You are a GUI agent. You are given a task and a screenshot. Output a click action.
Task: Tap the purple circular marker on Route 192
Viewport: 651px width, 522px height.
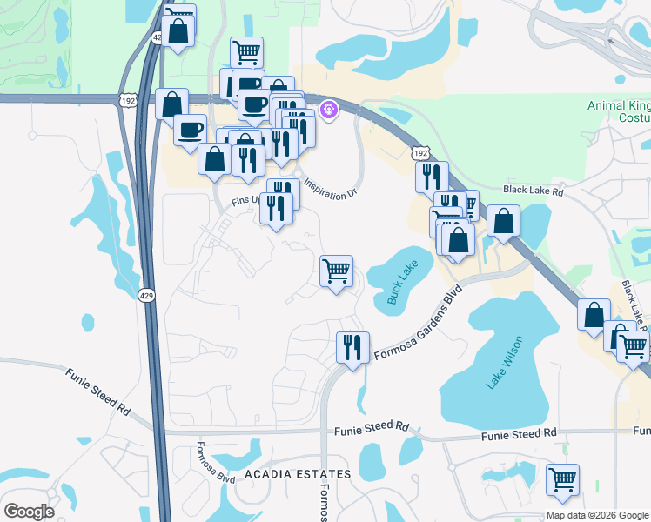tap(329, 110)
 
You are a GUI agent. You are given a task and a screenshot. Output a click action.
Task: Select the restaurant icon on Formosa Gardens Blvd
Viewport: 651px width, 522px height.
tap(352, 347)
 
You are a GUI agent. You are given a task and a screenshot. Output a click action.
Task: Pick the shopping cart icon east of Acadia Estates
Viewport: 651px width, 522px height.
tap(563, 479)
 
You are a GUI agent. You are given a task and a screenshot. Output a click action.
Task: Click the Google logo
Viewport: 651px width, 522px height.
tap(29, 512)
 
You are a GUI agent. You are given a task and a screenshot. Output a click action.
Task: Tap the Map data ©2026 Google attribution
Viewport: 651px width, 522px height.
tap(596, 515)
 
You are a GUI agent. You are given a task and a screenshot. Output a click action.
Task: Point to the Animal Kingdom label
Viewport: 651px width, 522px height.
tap(619, 110)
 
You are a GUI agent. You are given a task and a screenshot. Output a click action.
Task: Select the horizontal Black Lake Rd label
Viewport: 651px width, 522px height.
tap(534, 190)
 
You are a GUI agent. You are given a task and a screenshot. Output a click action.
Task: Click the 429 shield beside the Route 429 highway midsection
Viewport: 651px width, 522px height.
tap(145, 295)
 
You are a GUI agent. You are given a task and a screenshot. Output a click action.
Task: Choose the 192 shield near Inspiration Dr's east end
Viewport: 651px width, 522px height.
tap(420, 153)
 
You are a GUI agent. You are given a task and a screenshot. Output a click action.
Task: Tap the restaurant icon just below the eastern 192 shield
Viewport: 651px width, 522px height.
tap(432, 177)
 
